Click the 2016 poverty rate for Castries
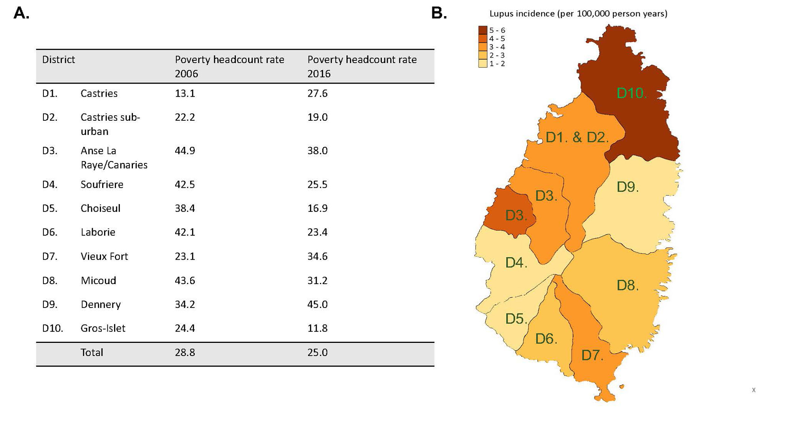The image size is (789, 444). click(x=318, y=94)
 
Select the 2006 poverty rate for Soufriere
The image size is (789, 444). click(x=185, y=185)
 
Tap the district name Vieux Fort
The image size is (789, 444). click(x=104, y=257)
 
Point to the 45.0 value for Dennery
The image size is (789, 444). click(x=318, y=305)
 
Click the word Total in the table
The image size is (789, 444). click(x=92, y=352)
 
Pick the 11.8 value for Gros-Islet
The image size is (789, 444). click(x=318, y=328)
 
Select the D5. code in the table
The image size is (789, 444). click(x=50, y=208)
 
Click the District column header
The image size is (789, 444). click(x=58, y=60)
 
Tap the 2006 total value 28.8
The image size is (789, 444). click(x=185, y=352)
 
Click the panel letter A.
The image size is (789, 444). click(x=21, y=13)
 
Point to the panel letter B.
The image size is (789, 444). click(x=439, y=13)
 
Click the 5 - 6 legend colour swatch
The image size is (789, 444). click(x=482, y=30)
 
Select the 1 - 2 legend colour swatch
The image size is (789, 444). click(x=482, y=64)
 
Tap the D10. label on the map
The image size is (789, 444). click(x=631, y=93)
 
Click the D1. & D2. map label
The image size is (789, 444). click(x=577, y=137)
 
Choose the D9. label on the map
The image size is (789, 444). click(x=627, y=187)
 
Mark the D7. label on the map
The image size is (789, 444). click(x=592, y=355)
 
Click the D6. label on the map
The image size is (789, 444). click(x=546, y=339)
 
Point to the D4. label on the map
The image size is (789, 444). click(x=516, y=262)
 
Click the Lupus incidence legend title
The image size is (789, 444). click(x=578, y=14)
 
